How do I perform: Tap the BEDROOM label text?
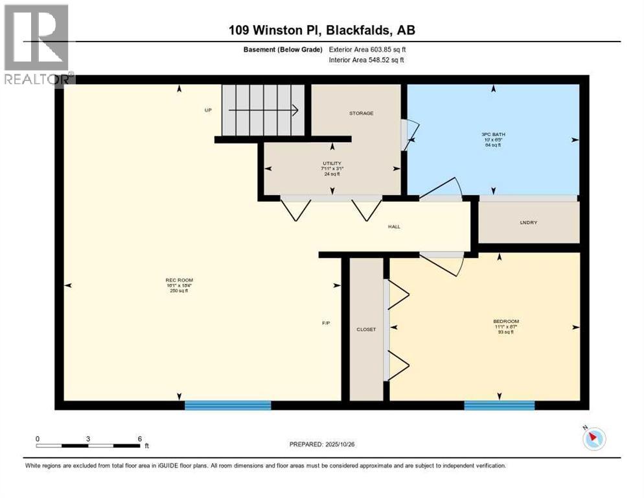pos(506,322)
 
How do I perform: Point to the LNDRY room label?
pos(529,222)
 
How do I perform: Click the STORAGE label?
pos(361,113)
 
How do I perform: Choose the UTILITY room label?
pos(332,163)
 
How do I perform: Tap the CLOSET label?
pos(366,329)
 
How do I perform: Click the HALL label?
pos(394,227)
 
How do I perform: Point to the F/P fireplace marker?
pos(327,323)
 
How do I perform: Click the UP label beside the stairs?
pos(208,110)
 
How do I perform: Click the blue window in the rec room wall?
pos(227,405)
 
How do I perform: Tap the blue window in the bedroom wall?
pos(499,405)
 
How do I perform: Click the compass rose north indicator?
pos(593,438)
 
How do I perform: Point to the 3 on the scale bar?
pos(87,438)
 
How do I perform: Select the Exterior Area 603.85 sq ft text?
pos(367,49)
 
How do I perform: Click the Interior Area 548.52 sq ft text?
pos(367,60)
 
